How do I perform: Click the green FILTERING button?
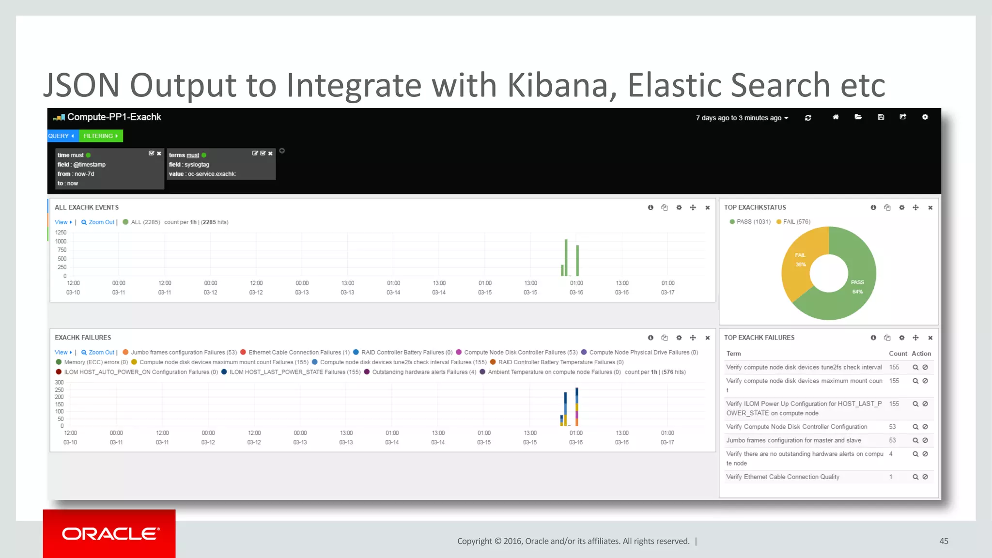pyautogui.click(x=101, y=136)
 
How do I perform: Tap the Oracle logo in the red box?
pyautogui.click(x=110, y=534)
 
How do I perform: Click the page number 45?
pyautogui.click(x=944, y=541)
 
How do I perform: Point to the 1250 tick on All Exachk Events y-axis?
pyautogui.click(x=61, y=232)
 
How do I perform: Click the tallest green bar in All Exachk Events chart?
pyautogui.click(x=566, y=257)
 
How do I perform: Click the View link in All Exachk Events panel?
pyautogui.click(x=62, y=222)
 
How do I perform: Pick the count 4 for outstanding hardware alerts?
pyautogui.click(x=891, y=454)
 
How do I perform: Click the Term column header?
pyautogui.click(x=733, y=354)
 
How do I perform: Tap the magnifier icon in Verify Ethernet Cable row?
pyautogui.click(x=915, y=477)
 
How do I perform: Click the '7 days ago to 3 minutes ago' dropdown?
pyautogui.click(x=742, y=118)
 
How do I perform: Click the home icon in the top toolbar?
pyautogui.click(x=836, y=117)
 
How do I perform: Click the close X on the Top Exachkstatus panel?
pyautogui.click(x=930, y=208)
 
